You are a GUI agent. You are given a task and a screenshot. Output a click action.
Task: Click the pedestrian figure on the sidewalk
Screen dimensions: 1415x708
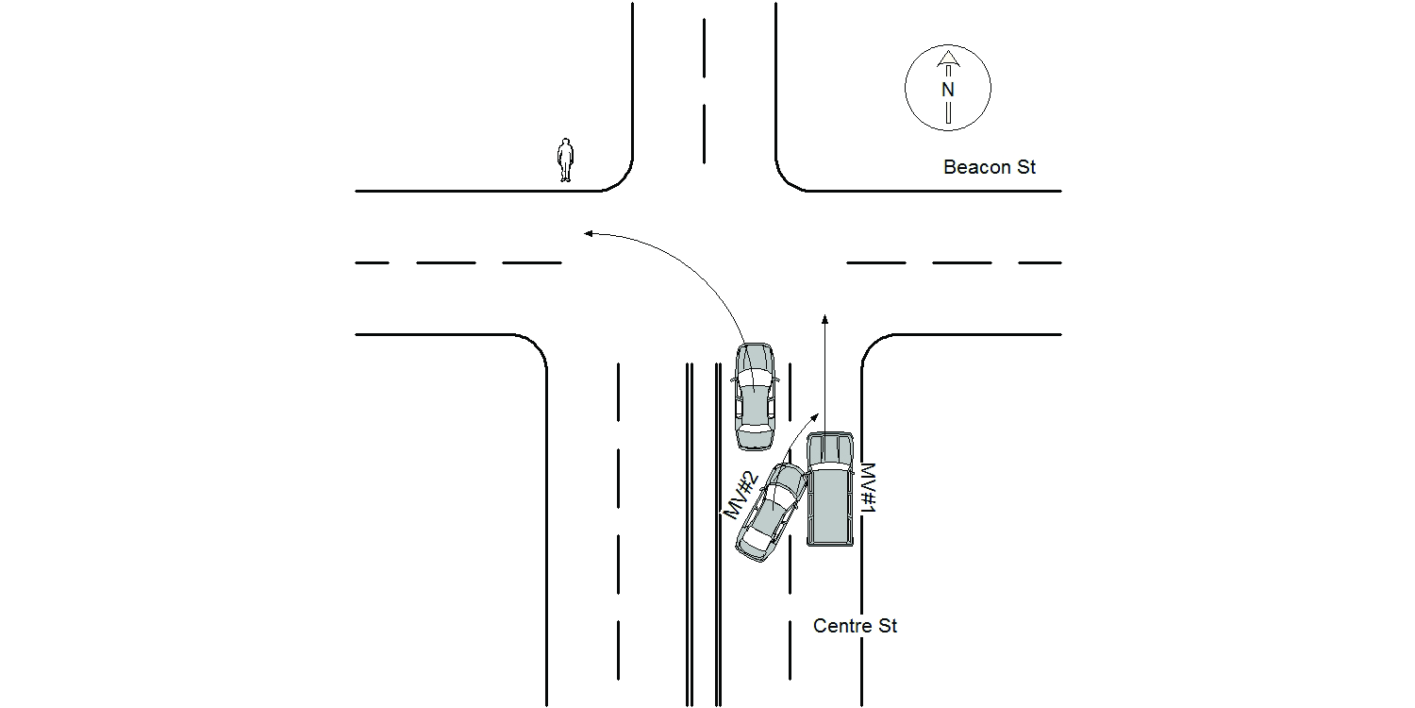coord(565,160)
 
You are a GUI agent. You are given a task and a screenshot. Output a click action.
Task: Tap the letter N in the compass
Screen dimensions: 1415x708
coord(947,90)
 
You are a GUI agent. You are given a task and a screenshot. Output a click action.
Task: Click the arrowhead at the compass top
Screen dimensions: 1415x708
coord(948,59)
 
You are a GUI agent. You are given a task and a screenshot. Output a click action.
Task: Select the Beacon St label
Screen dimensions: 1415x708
coord(990,167)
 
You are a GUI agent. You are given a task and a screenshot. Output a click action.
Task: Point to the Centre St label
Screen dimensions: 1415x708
coord(855,626)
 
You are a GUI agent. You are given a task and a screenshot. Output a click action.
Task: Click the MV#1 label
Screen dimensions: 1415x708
coord(869,487)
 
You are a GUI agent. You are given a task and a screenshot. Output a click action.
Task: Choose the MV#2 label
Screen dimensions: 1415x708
coord(741,495)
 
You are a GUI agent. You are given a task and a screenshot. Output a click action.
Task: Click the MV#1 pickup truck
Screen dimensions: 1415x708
coord(830,489)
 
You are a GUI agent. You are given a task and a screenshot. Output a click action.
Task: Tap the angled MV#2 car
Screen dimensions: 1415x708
coord(772,513)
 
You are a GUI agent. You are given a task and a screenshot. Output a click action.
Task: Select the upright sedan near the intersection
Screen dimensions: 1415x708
coord(755,396)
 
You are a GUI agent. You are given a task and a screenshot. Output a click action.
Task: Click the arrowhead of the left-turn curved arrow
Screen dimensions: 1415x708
coord(588,234)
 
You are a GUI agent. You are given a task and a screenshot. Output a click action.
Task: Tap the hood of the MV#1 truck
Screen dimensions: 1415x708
coord(830,447)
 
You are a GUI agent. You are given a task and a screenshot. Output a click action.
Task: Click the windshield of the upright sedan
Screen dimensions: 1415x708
coord(755,379)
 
